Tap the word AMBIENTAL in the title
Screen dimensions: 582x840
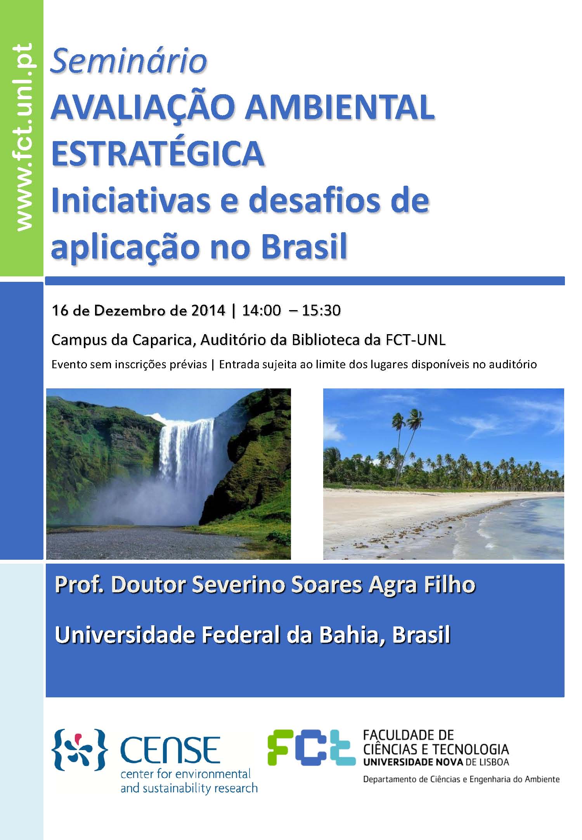pos(339,107)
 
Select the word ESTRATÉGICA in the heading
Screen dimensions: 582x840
pos(158,154)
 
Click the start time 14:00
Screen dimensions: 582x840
pos(261,310)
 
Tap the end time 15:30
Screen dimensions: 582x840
pos(321,310)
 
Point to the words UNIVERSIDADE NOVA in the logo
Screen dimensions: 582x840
pos(413,762)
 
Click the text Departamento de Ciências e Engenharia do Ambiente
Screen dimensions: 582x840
pos(461,779)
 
